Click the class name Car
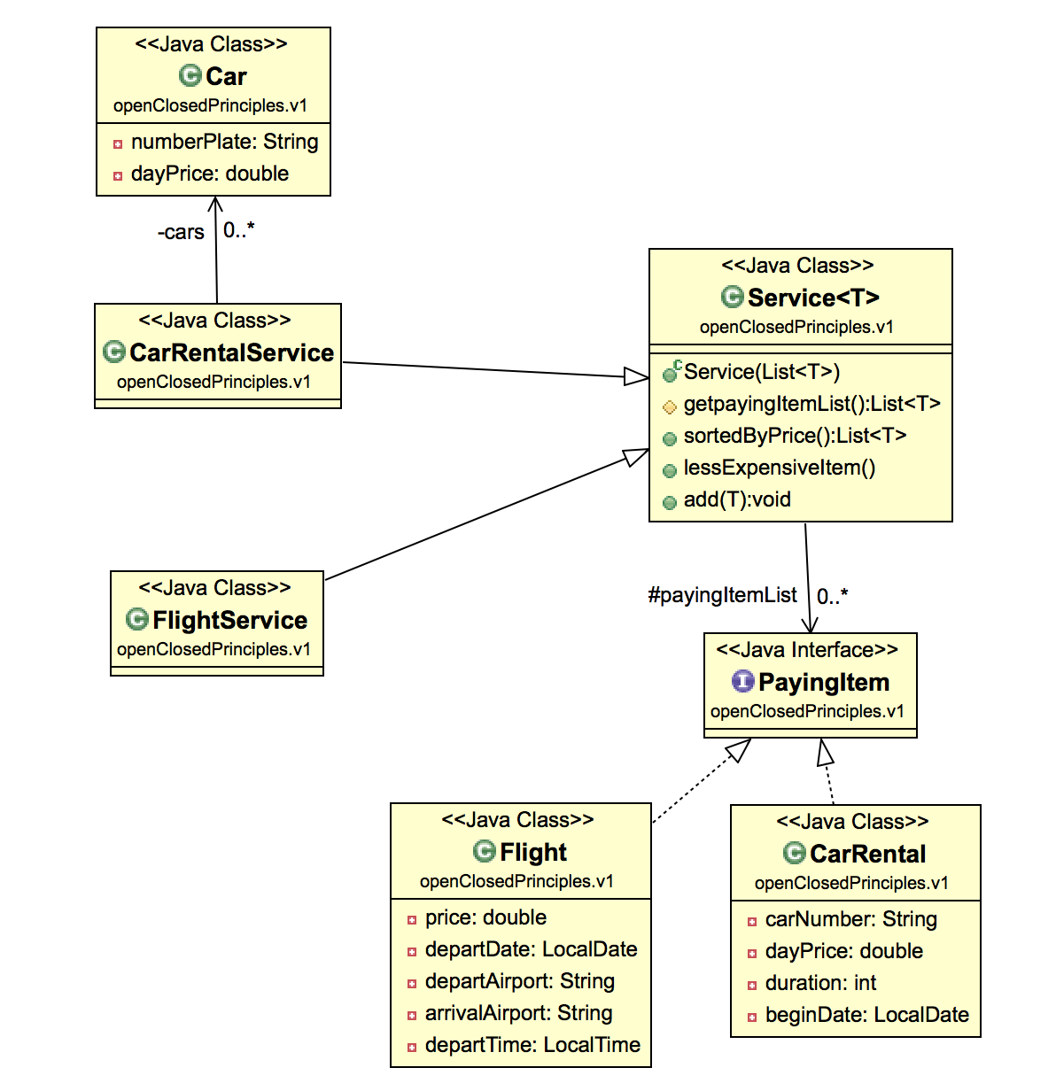[x=226, y=76]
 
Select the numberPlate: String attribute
[x=224, y=142]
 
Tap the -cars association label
[x=181, y=232]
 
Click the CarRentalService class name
[x=231, y=352]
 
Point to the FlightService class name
[x=229, y=620]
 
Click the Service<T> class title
[x=813, y=298]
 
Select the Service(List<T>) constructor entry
[x=761, y=372]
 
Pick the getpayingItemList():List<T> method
[x=811, y=404]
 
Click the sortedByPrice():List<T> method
[x=795, y=436]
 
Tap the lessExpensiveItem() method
[x=779, y=468]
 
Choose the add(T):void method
[x=737, y=499]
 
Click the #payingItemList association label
[x=722, y=595]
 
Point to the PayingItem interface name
[x=824, y=682]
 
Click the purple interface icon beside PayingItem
[x=742, y=681]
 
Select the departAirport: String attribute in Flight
[x=519, y=981]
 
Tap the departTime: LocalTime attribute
[x=532, y=1045]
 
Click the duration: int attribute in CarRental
[x=820, y=983]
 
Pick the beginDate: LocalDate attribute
[x=866, y=1015]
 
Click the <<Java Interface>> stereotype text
[x=807, y=650]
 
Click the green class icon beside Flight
[x=484, y=851]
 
